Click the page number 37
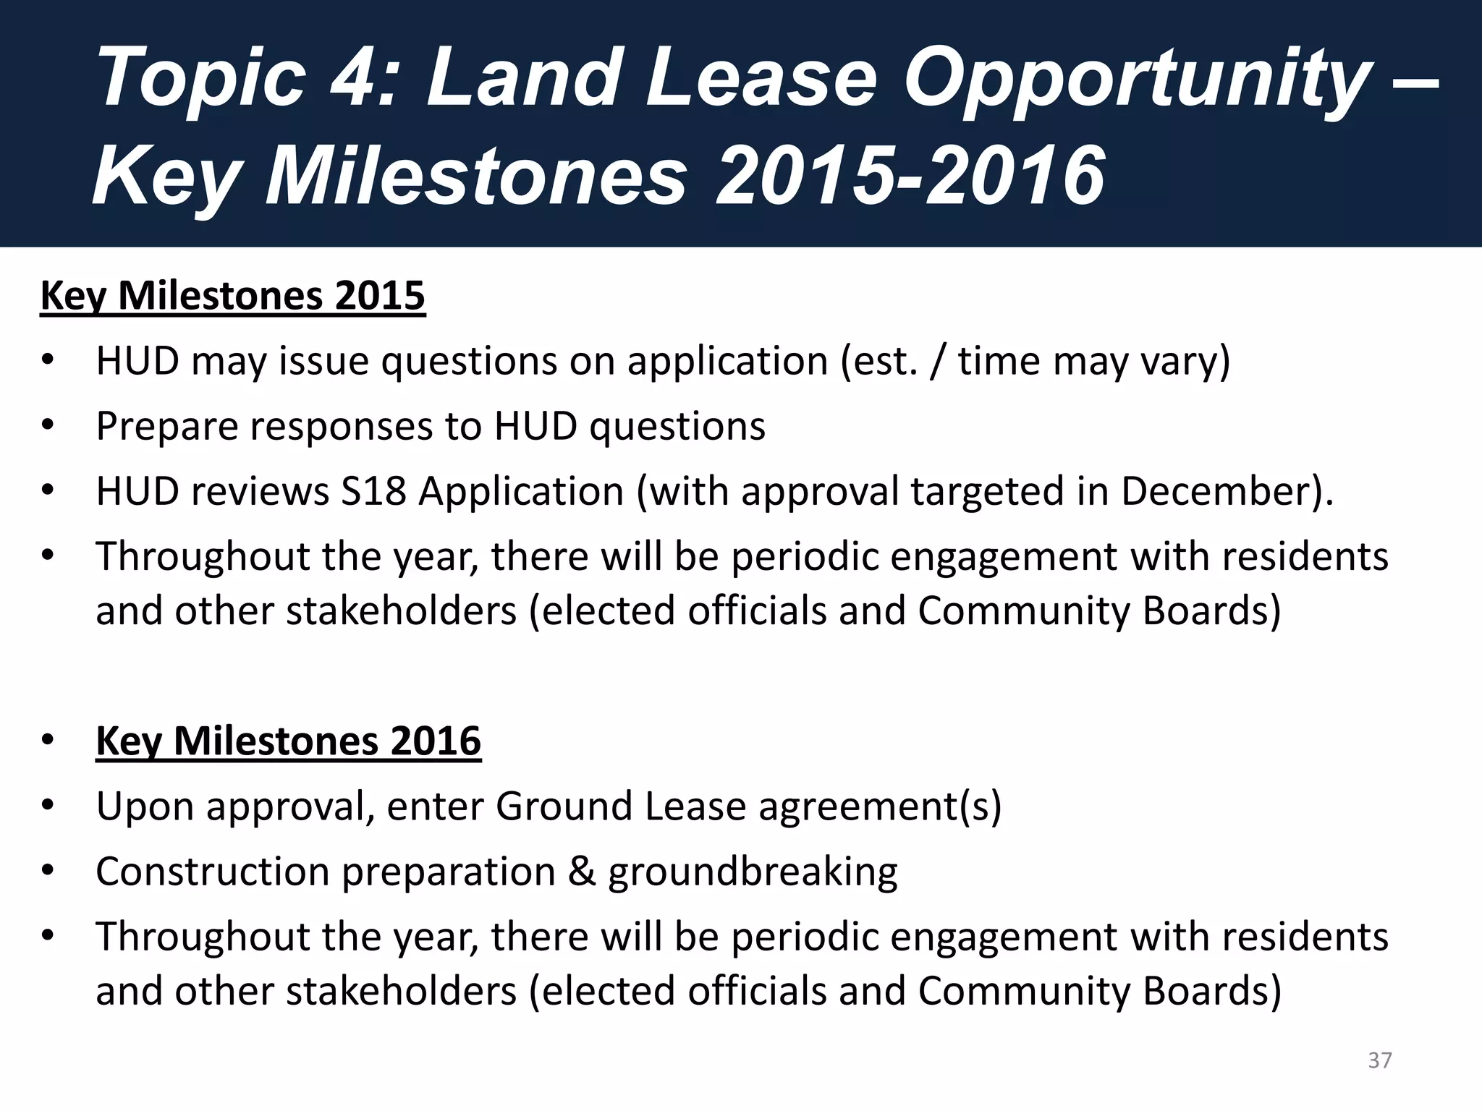tap(1379, 1060)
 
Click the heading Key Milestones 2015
tap(232, 296)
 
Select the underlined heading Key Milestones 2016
tap(288, 741)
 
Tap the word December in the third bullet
tap(1216, 492)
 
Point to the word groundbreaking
tap(753, 872)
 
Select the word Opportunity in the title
tap(1136, 80)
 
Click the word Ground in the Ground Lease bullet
tap(564, 806)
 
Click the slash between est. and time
tap(938, 362)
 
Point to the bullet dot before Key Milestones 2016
tap(48, 740)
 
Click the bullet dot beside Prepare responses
tap(48, 425)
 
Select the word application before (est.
tap(727, 362)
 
